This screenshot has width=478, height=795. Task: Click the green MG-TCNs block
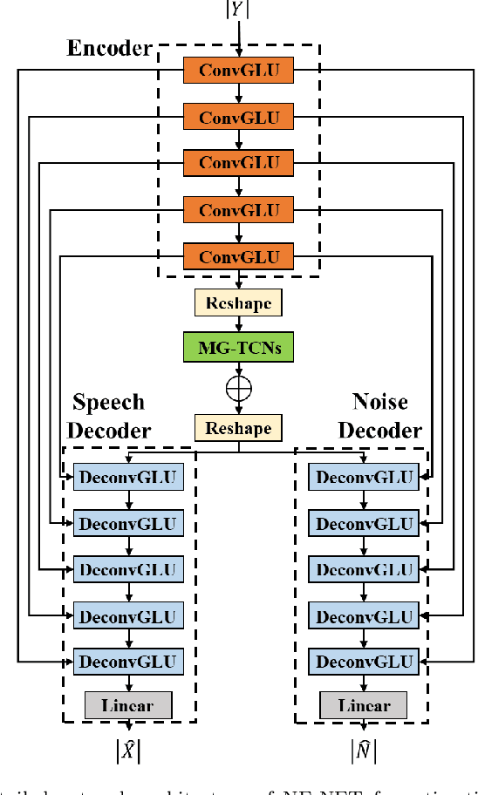pos(238,347)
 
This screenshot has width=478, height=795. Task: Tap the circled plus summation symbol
pos(238,388)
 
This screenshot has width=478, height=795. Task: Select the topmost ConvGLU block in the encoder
pos(238,70)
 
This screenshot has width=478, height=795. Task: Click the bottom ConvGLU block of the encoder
pos(238,256)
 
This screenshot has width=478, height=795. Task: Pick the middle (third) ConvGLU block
pos(238,163)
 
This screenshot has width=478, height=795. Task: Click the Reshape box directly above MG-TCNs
pos(238,302)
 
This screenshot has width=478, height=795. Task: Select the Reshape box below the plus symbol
pos(238,428)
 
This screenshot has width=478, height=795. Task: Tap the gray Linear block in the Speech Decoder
pos(128,705)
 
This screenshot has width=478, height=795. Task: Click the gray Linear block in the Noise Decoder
pos(363,705)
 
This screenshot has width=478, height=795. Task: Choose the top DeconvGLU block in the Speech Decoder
pos(128,477)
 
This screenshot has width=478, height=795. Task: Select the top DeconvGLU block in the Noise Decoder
pos(363,477)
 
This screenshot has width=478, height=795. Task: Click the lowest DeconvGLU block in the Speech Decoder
pos(128,661)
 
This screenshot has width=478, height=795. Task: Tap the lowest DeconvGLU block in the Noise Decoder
pos(363,661)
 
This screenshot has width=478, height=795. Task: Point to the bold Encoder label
pos(110,48)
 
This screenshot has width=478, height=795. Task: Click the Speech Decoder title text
pos(109,416)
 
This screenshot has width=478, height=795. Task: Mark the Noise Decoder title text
pos(379,416)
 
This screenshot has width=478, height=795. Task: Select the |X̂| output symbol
pos(128,749)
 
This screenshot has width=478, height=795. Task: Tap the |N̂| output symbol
pos(362,749)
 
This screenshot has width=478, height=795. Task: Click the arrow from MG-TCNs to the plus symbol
pos(238,369)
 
